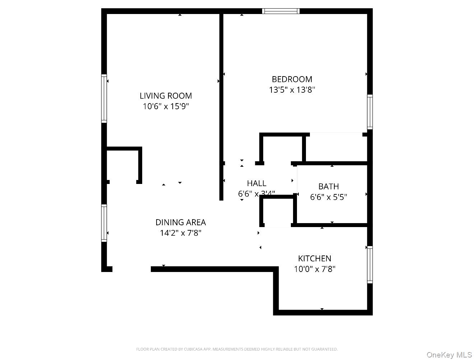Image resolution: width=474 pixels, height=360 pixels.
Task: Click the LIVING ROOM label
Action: pyautogui.click(x=166, y=96)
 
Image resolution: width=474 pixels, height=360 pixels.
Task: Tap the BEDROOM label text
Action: pyautogui.click(x=292, y=79)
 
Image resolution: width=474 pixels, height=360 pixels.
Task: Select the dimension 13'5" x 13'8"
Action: pyautogui.click(x=292, y=90)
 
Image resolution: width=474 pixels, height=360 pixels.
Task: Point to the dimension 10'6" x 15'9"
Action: pyautogui.click(x=166, y=106)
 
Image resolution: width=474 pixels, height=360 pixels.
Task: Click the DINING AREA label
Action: pyautogui.click(x=180, y=222)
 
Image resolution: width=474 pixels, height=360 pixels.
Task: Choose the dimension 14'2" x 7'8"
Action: pyautogui.click(x=180, y=233)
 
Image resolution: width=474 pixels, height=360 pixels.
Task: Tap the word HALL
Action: pyautogui.click(x=256, y=184)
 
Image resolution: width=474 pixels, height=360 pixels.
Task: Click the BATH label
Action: pyautogui.click(x=328, y=186)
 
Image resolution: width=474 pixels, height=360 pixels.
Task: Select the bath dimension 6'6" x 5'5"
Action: pyautogui.click(x=328, y=197)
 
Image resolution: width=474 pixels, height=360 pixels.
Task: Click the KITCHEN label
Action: pyautogui.click(x=315, y=258)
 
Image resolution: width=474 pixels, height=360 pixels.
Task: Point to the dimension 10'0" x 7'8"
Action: pyautogui.click(x=315, y=269)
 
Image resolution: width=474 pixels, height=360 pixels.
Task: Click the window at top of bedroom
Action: pyautogui.click(x=281, y=11)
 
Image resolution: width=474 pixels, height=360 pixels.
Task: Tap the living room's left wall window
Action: pyautogui.click(x=104, y=98)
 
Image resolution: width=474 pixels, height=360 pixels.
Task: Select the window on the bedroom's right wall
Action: pyautogui.click(x=370, y=112)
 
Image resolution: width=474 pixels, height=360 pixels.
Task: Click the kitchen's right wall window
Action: pyautogui.click(x=370, y=265)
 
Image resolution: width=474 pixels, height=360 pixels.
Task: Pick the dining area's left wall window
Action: pyautogui.click(x=104, y=223)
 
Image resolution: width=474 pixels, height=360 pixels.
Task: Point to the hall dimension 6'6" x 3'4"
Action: pyautogui.click(x=256, y=194)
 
